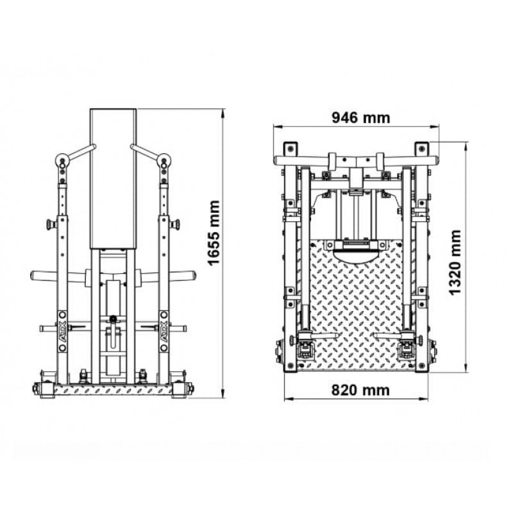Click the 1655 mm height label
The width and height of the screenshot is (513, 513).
[214, 233]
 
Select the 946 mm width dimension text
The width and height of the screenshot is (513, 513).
[361, 118]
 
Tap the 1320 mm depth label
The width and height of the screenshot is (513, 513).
[455, 263]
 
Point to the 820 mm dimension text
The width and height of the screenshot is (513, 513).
[360, 391]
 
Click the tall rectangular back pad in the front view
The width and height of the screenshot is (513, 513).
[114, 179]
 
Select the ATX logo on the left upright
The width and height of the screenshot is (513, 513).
[62, 332]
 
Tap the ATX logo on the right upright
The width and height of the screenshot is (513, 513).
[164, 332]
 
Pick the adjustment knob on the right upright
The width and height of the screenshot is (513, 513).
[174, 225]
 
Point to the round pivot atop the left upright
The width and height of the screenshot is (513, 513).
[62, 160]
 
